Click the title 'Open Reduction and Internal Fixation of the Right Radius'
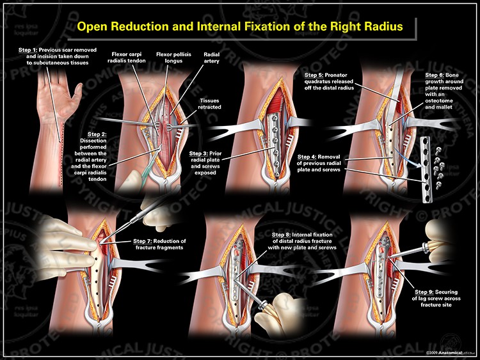click(239, 27)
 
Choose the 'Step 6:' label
click(435, 75)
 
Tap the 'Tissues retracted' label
click(209, 104)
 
